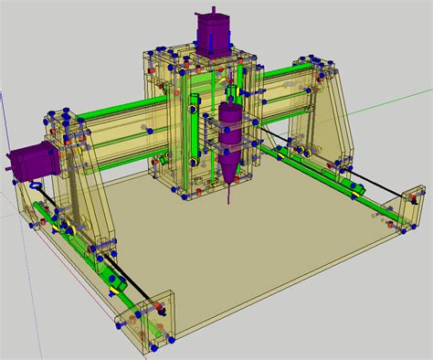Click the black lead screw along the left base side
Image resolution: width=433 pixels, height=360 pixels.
[x=100, y=274]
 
